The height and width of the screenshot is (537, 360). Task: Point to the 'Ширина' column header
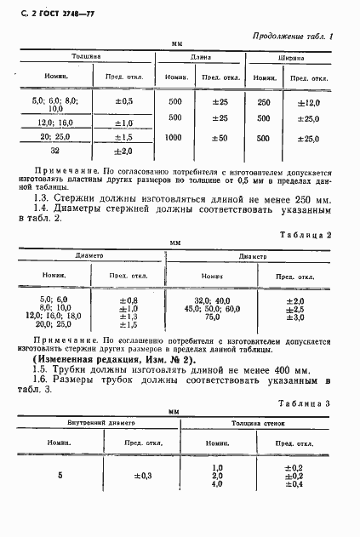[x=293, y=57]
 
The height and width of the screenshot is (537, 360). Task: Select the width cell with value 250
[x=265, y=101]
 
